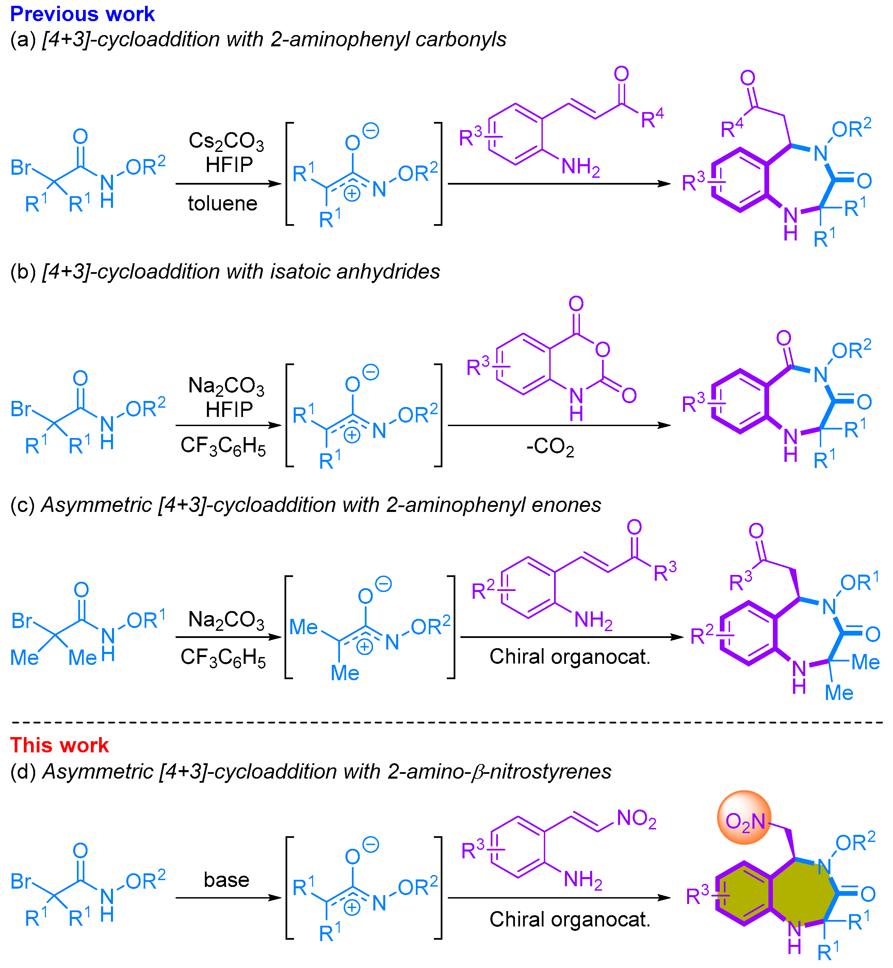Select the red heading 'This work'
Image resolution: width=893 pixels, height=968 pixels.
point(60,745)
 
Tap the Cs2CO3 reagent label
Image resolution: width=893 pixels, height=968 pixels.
point(226,142)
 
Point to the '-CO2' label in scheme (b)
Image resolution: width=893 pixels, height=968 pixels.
point(550,447)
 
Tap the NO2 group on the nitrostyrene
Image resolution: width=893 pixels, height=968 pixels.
point(636,818)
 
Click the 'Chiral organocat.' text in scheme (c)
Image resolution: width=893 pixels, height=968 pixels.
point(570,657)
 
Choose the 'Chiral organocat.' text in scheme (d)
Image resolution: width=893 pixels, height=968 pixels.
point(570,919)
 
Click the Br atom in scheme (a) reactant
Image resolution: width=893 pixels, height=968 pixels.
point(21,167)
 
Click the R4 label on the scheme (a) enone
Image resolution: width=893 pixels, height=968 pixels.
point(652,118)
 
